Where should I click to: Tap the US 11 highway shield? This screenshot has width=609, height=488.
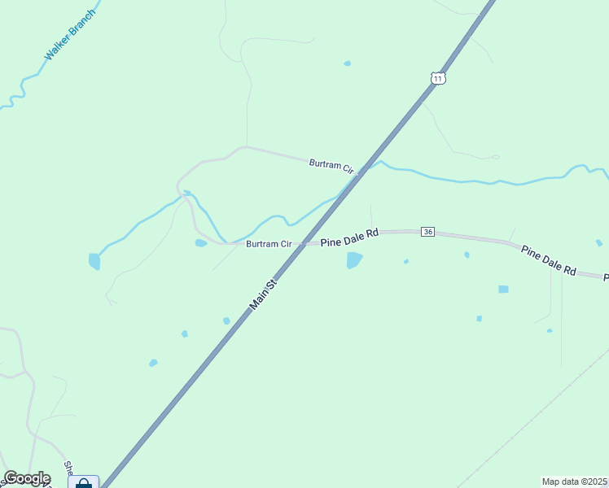pos(438,78)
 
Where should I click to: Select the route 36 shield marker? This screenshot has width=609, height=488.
pos(427,233)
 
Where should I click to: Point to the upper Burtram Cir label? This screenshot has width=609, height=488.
pos(331,166)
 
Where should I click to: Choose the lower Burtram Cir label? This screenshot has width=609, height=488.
pos(269,244)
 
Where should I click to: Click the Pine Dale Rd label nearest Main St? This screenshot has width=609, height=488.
pos(350,237)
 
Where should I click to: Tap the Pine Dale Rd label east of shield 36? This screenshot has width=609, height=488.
pos(549,260)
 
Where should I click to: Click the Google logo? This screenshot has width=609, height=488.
pos(27,478)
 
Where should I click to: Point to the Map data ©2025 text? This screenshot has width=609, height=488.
pos(574,481)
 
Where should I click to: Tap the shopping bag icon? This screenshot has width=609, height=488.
pos(83,483)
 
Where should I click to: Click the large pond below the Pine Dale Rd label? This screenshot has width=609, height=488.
pos(354,260)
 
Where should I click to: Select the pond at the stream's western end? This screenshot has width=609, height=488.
pos(94,261)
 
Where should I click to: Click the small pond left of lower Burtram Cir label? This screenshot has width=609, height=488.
pos(200,242)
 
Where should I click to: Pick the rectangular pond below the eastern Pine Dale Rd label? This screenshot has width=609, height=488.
pos(503,289)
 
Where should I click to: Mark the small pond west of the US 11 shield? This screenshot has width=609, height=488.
pos(348,63)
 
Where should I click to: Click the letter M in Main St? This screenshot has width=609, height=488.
pos(254,307)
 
